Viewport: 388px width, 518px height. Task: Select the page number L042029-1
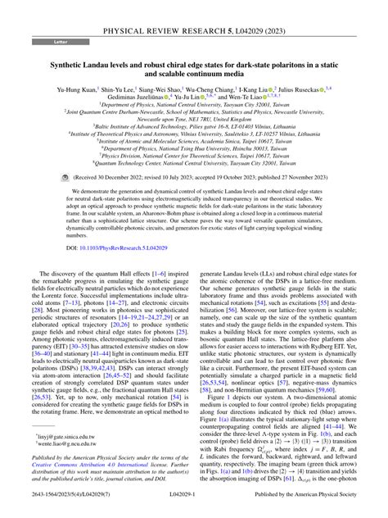point(194,509)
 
